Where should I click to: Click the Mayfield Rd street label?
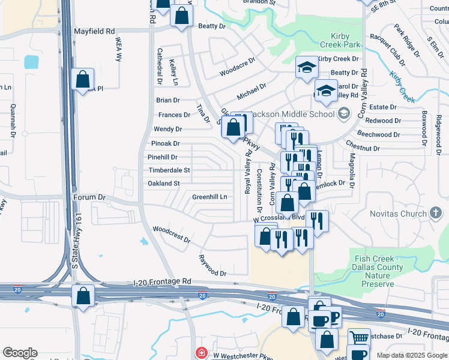coord(94,31)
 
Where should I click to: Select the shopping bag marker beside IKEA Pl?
coord(82,79)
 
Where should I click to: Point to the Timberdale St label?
coord(169,170)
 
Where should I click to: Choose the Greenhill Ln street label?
coord(209,197)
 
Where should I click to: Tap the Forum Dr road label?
coord(89,197)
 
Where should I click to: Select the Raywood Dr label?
coord(212,265)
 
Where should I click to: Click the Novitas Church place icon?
coord(436,214)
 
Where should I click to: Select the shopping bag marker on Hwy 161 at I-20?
coord(82,295)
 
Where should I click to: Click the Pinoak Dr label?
coord(165,143)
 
